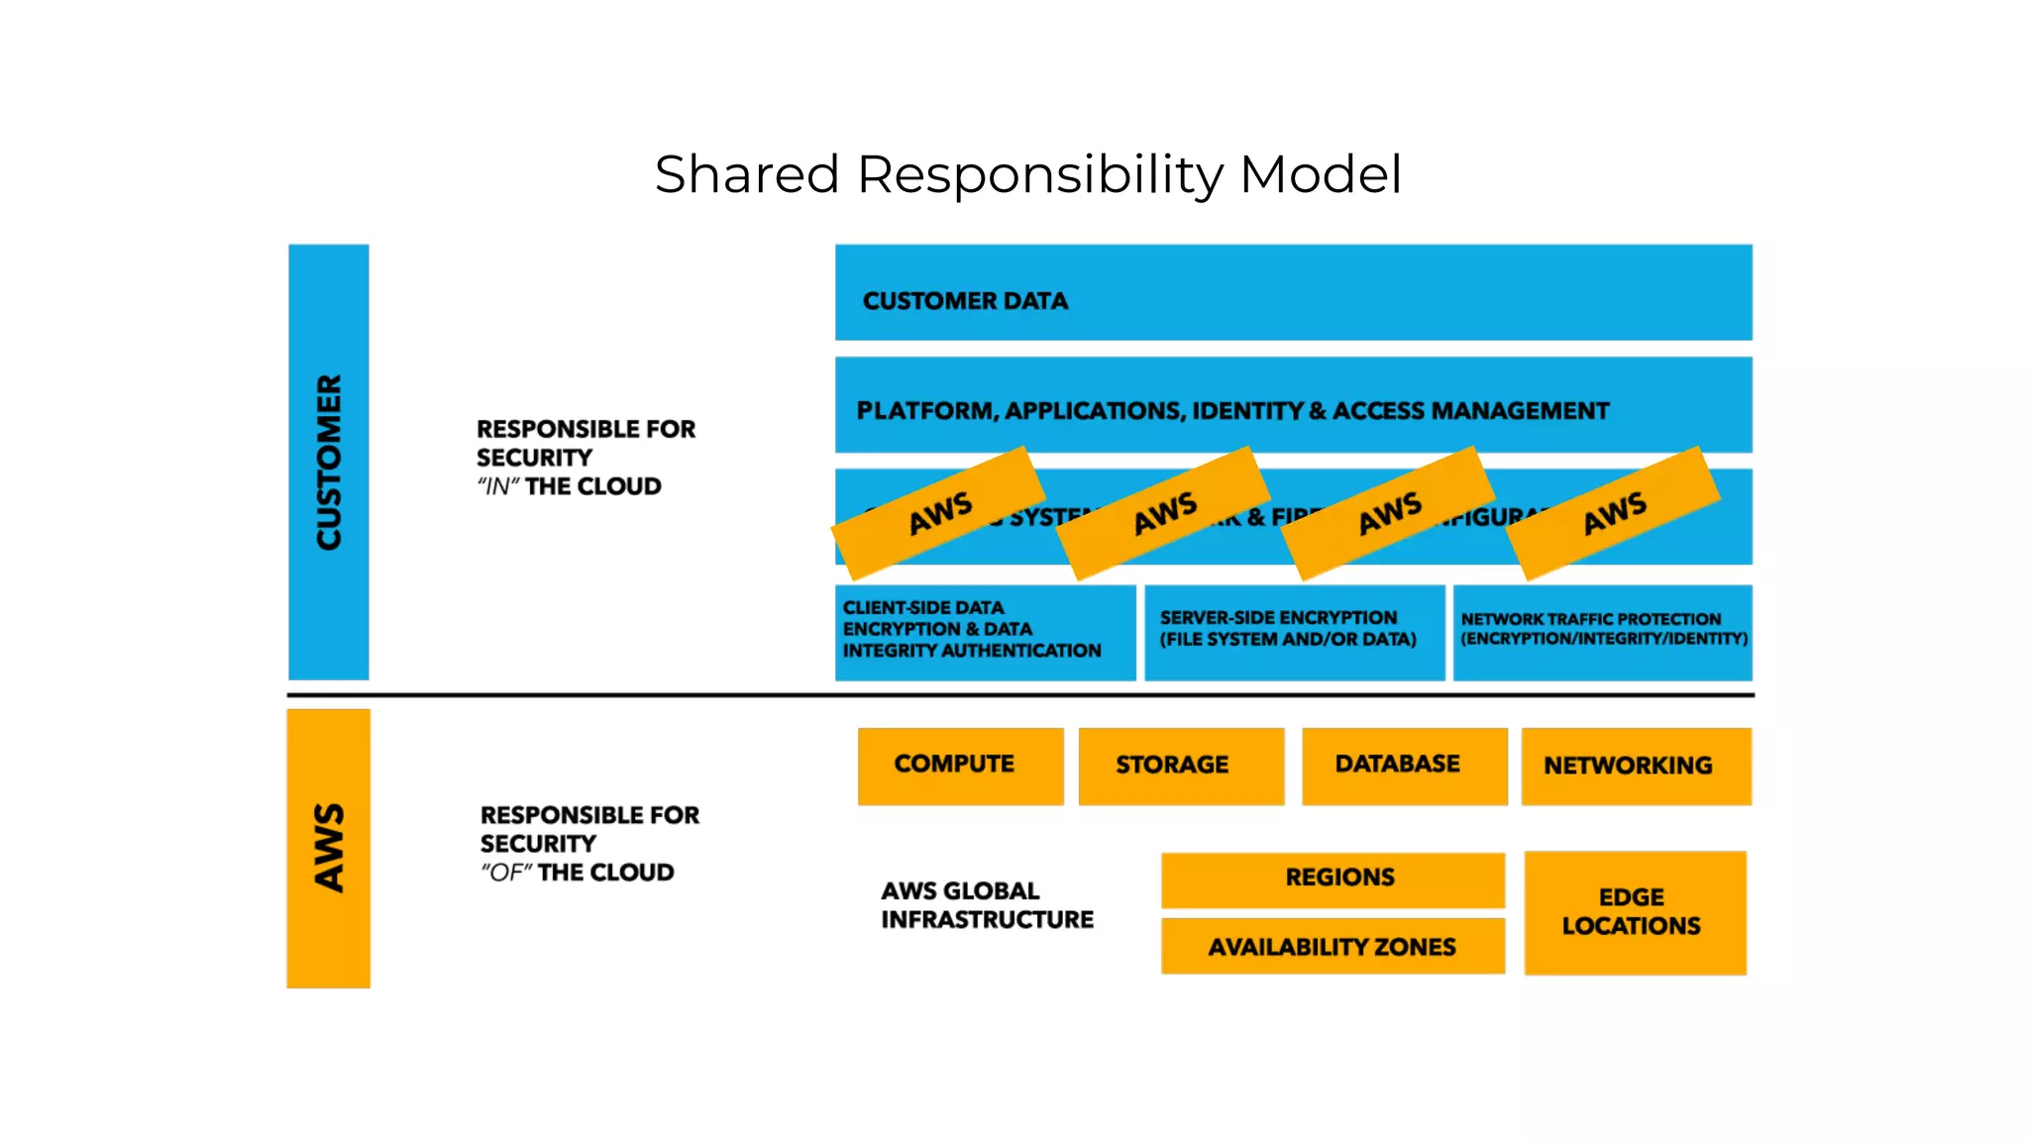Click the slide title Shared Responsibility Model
click(1027, 175)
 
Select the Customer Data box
click(1293, 293)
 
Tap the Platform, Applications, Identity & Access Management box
click(1293, 405)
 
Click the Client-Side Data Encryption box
click(985, 632)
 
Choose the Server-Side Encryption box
click(1294, 632)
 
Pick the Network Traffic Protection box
click(1602, 632)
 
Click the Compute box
click(960, 766)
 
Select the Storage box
click(1181, 766)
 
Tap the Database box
click(1404, 766)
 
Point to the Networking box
click(1636, 766)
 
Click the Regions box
click(1333, 879)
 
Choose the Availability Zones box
click(1333, 947)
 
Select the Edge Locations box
click(1635, 912)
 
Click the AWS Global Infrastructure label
click(987, 905)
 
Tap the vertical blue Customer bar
click(329, 462)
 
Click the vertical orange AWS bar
click(329, 848)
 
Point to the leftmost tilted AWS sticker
click(938, 513)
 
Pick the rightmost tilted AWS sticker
click(1613, 513)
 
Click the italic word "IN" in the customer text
click(498, 487)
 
